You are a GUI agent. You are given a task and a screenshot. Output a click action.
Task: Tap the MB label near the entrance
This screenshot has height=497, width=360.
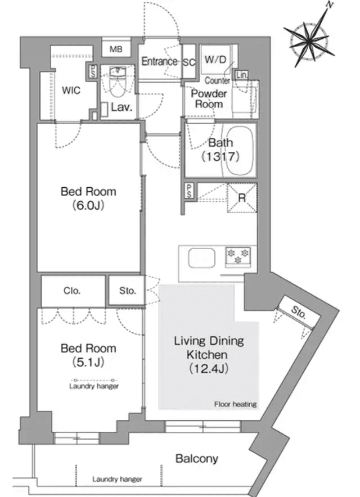(116, 49)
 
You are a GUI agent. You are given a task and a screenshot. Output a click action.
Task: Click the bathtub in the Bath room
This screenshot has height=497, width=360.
(240, 151)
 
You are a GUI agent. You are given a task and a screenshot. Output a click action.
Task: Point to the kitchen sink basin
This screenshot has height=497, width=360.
(202, 258)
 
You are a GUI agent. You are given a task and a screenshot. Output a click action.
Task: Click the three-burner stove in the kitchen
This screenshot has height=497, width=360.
(238, 256)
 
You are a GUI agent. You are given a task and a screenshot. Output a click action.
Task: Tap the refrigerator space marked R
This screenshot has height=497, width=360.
(242, 198)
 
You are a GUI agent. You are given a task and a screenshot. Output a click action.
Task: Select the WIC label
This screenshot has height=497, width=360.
(71, 91)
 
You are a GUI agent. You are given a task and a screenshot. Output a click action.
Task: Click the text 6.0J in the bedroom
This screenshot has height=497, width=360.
(88, 206)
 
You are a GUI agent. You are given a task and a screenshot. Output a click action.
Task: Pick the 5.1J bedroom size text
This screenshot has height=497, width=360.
(88, 362)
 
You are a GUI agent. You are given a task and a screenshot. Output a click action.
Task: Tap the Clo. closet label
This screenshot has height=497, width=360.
(72, 291)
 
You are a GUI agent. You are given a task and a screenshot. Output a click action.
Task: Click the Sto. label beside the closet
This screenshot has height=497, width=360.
(128, 291)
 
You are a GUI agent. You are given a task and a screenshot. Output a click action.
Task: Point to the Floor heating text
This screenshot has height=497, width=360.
(235, 404)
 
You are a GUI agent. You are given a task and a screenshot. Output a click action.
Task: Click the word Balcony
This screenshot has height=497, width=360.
(197, 459)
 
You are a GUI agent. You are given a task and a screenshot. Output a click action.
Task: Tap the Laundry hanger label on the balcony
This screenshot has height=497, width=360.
(117, 479)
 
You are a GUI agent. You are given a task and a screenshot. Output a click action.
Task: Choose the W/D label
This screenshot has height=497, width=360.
(215, 59)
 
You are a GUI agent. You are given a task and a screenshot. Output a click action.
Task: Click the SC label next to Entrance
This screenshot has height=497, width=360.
(189, 62)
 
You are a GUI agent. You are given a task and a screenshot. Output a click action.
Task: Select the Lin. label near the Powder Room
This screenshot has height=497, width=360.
(241, 75)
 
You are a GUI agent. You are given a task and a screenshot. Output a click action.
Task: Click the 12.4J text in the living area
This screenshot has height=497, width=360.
(209, 369)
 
